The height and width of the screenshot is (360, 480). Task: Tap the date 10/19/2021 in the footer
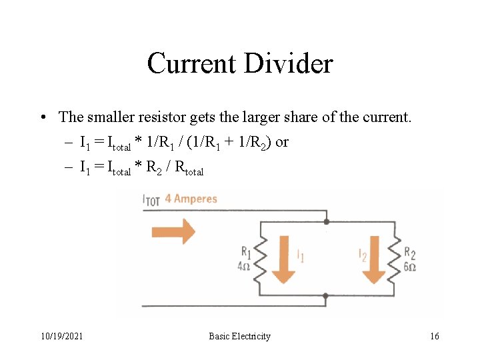click(x=61, y=336)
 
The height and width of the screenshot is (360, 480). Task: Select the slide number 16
click(x=435, y=336)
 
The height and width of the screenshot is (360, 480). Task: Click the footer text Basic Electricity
click(x=239, y=336)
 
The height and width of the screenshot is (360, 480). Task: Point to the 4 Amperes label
click(x=191, y=199)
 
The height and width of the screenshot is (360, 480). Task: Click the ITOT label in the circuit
click(x=151, y=199)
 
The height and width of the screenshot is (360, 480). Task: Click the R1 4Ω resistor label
click(x=246, y=258)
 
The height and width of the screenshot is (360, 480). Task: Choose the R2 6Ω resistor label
click(x=409, y=258)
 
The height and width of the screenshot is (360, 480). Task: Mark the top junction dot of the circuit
click(x=326, y=221)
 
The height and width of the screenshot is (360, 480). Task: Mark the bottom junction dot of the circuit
click(x=326, y=295)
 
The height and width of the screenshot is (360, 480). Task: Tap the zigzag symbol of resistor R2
click(x=394, y=259)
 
